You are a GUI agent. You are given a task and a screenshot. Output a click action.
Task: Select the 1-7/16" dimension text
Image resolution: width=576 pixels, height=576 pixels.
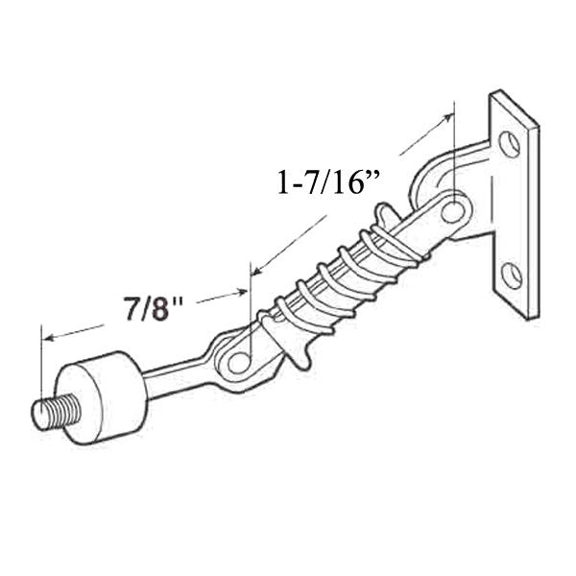point(324,182)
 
